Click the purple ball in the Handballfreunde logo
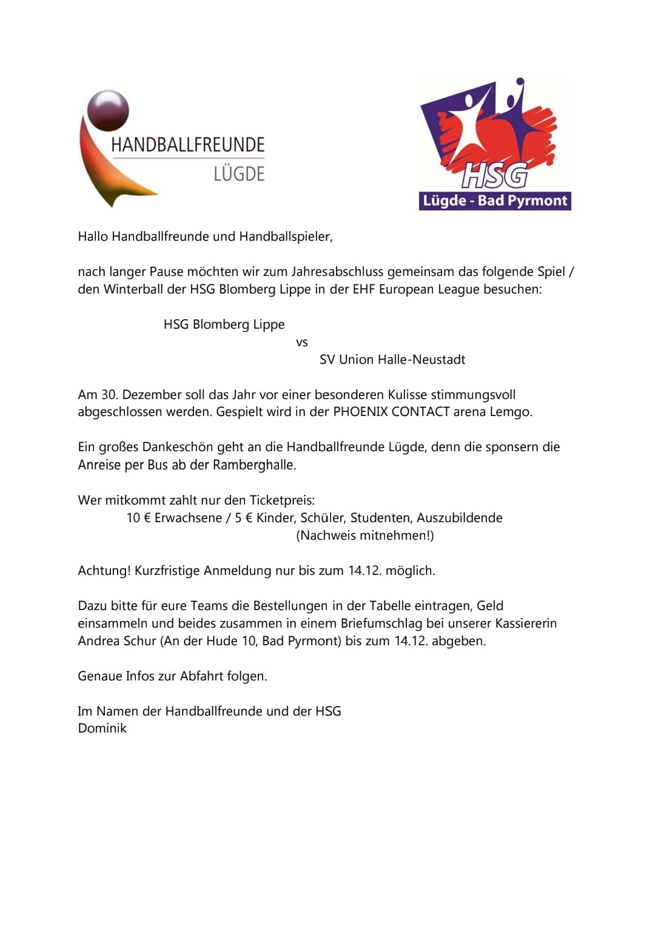point(108,110)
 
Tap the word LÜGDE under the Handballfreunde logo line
point(239,174)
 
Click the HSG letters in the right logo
point(494,176)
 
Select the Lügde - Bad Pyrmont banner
point(495,201)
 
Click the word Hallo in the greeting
point(93,237)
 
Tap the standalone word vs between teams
point(302,343)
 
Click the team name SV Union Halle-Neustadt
point(392,360)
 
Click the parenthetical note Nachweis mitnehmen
point(365,535)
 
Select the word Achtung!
point(104,571)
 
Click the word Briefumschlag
point(381,623)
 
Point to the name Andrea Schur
point(117,641)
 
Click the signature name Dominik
point(102,728)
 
